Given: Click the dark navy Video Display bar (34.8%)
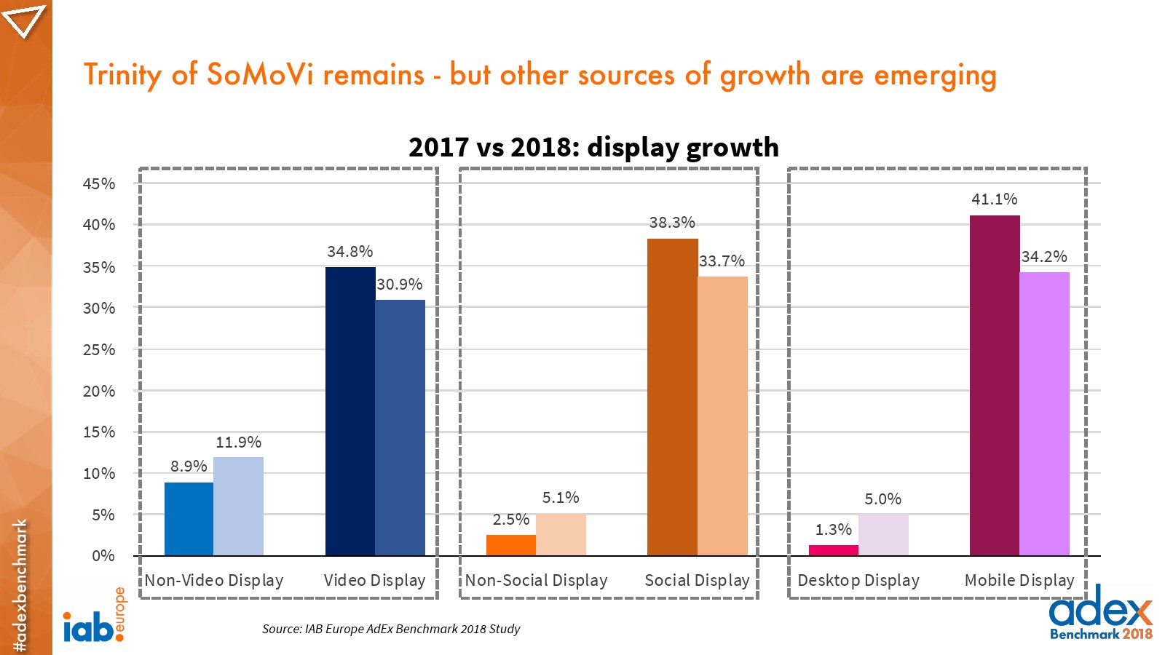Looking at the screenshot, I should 349,411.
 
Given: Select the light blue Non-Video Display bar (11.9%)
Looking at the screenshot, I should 239,507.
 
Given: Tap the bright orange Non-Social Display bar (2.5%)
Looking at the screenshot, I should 511,545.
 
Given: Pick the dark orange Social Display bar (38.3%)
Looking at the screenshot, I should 672,397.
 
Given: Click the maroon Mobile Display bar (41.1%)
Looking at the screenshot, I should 995,386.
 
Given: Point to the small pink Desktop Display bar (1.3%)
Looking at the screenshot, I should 834,550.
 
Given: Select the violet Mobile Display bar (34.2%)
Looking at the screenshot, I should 1045,413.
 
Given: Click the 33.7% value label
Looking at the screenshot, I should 722,261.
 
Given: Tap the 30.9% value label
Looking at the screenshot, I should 399,285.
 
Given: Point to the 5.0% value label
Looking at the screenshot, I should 882,499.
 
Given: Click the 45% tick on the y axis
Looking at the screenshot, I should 99,184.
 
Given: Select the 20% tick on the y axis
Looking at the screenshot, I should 99,392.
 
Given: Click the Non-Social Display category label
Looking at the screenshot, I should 536,581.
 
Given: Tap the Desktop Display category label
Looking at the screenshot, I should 858,581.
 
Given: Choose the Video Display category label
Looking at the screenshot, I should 374,581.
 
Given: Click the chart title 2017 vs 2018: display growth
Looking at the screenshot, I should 593,147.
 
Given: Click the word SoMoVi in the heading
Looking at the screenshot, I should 260,75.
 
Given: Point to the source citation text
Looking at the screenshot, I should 391,629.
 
